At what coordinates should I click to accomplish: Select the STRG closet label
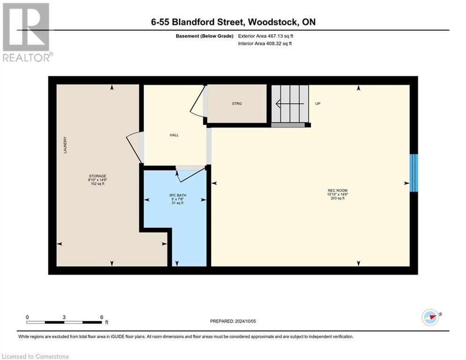click(237, 104)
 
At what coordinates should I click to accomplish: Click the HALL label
click(174, 135)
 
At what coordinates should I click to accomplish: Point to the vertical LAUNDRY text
click(66, 144)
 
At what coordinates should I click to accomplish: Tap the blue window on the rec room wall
click(414, 173)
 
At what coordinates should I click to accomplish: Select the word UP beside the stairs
click(318, 104)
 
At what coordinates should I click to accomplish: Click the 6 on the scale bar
click(101, 317)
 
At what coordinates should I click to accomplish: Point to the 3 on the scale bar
click(64, 317)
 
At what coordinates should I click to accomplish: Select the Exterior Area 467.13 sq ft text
click(266, 36)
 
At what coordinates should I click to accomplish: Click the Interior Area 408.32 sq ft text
click(265, 44)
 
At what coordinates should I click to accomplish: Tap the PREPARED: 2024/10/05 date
click(233, 321)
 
